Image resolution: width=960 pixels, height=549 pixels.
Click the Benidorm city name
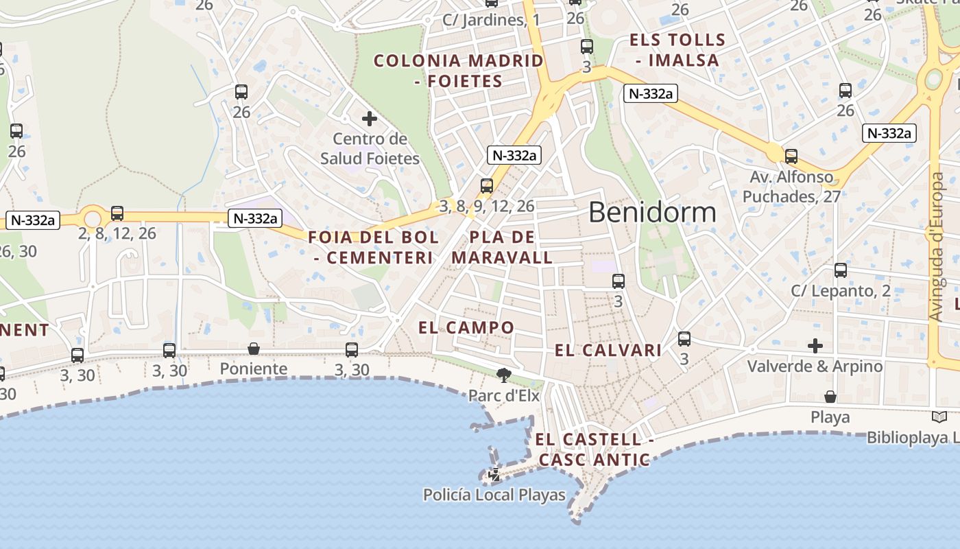point(652,212)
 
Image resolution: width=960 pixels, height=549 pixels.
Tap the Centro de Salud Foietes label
point(370,149)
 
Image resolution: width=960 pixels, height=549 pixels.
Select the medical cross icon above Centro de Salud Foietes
point(370,119)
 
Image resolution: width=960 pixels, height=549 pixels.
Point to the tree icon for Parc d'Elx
point(504,375)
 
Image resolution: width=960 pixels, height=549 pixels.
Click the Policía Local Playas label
point(494,495)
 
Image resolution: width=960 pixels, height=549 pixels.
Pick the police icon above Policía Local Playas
point(494,474)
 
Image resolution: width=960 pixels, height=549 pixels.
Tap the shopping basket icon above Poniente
point(254,349)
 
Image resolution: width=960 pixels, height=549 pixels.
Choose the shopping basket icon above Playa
point(830,397)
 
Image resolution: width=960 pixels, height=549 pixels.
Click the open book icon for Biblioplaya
point(939,417)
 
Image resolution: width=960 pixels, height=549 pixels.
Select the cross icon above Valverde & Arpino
point(815,345)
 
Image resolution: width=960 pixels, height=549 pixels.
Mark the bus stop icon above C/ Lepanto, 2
point(841,270)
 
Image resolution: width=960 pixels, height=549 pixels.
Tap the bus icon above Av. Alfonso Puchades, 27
point(791,156)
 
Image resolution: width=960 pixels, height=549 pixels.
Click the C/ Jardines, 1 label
point(491,20)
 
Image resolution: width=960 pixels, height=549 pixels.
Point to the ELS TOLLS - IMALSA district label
point(677,50)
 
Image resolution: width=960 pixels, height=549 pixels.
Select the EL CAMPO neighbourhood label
point(466,327)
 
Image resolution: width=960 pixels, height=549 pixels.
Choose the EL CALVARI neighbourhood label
point(608,351)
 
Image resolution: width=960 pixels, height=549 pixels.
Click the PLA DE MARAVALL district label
point(503,248)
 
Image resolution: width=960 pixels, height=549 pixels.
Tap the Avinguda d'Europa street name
point(937,247)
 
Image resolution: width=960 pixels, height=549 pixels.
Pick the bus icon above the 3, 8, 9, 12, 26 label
point(487,185)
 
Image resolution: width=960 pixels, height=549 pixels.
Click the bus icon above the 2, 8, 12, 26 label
point(117,213)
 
